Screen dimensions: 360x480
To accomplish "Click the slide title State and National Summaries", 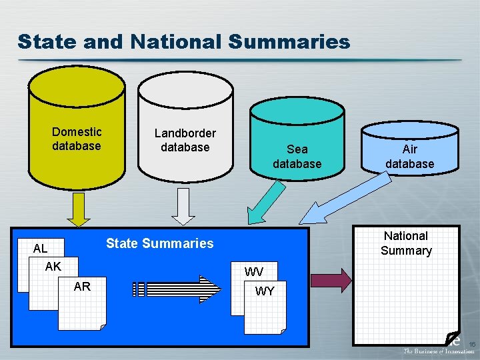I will click(184, 41).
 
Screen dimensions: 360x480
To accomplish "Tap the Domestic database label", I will click(77, 139).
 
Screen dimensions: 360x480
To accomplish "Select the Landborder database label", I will click(185, 140).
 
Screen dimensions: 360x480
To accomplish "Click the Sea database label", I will click(297, 157).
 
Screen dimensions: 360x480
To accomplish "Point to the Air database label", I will click(409, 157).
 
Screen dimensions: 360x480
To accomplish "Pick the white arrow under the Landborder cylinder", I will click(183, 207).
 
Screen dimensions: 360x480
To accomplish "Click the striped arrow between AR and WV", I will click(177, 289).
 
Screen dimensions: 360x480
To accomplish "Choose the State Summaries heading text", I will click(160, 243).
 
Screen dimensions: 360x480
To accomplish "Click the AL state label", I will click(41, 249).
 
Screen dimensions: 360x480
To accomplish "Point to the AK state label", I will click(53, 266).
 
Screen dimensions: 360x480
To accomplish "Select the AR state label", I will click(82, 287).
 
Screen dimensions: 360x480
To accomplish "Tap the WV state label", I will click(253, 272).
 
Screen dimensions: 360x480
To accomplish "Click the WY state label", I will click(265, 291).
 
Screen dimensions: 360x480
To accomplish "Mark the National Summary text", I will click(406, 243).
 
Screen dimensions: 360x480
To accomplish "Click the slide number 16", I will click(471, 343).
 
